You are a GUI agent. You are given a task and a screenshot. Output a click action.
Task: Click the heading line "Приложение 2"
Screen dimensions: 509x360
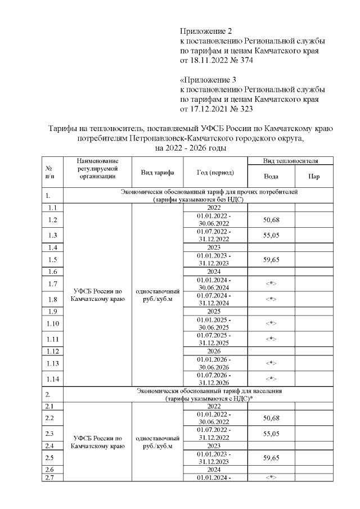tap(205, 30)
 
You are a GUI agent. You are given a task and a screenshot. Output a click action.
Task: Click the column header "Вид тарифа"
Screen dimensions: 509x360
tap(157, 172)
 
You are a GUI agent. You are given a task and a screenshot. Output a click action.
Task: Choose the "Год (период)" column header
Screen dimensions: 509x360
tap(215, 172)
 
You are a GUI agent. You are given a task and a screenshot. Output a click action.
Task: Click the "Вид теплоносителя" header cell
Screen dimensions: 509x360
tap(291, 161)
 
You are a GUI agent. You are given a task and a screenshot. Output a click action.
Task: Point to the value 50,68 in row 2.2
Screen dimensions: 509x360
tap(271, 418)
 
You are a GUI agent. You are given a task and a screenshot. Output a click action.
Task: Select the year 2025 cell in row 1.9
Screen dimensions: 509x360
tap(214, 311)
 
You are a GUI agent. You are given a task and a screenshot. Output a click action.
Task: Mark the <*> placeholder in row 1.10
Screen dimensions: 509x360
tap(271, 323)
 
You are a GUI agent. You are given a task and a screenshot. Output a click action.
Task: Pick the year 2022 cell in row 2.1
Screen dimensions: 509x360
tap(214, 406)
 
